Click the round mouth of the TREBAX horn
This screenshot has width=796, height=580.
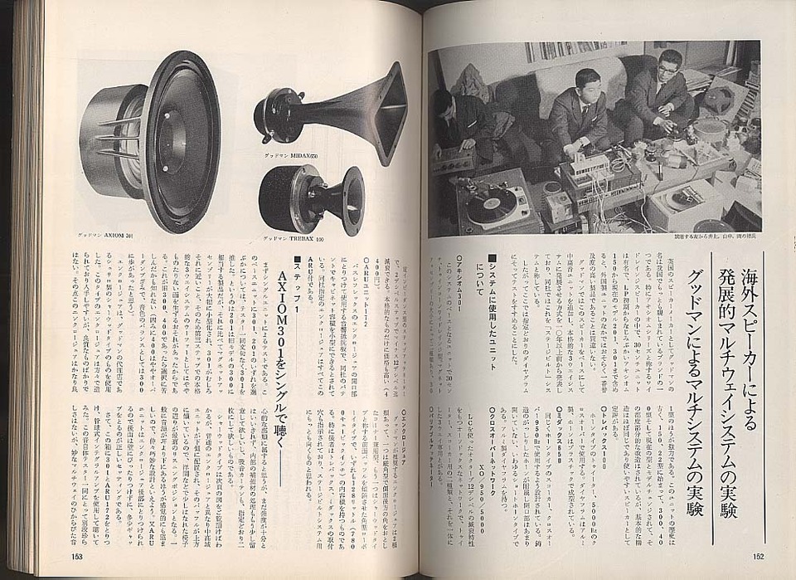click(352, 200)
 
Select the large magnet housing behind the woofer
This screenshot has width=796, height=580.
click(104, 141)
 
